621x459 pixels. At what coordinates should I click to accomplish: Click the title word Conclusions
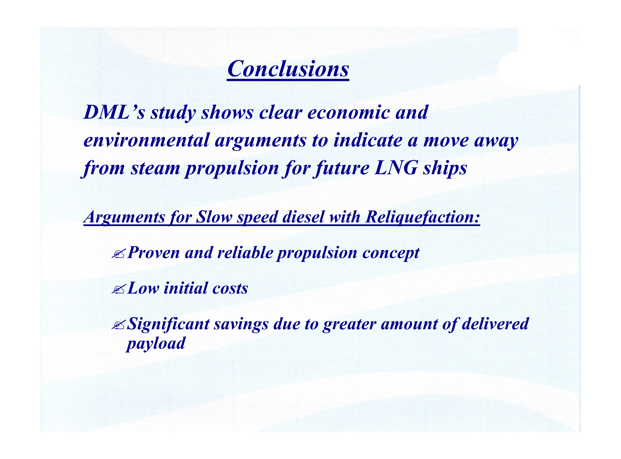pyautogui.click(x=288, y=69)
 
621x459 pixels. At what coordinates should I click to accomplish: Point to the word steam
pyautogui.click(x=155, y=168)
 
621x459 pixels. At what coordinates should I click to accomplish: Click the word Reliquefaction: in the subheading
pyautogui.click(x=423, y=217)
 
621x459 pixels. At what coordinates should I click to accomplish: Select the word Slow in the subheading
pyautogui.click(x=214, y=217)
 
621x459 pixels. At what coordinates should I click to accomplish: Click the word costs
pyautogui.click(x=230, y=288)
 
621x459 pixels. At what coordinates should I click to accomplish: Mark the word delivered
pyautogui.click(x=495, y=324)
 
